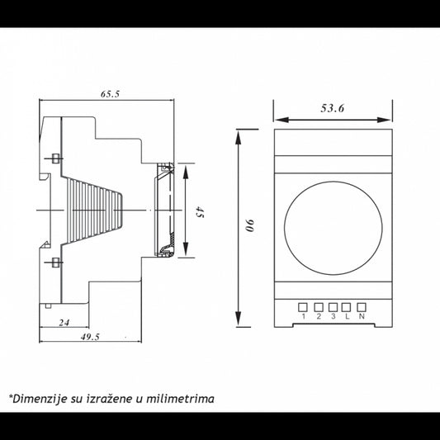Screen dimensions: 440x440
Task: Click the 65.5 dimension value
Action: [x=110, y=94]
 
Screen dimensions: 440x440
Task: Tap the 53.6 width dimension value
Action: [x=333, y=108]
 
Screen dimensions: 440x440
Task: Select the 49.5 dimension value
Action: [x=90, y=337]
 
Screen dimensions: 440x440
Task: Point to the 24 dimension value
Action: [x=64, y=323]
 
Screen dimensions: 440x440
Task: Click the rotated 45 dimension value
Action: [x=200, y=211]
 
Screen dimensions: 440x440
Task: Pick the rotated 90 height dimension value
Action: [x=249, y=225]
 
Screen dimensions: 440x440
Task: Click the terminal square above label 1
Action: [x=303, y=307]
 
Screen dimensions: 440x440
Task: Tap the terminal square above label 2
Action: [x=319, y=307]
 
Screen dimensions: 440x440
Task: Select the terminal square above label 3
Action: [x=333, y=307]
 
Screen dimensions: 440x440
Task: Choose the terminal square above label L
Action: [x=347, y=307]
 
